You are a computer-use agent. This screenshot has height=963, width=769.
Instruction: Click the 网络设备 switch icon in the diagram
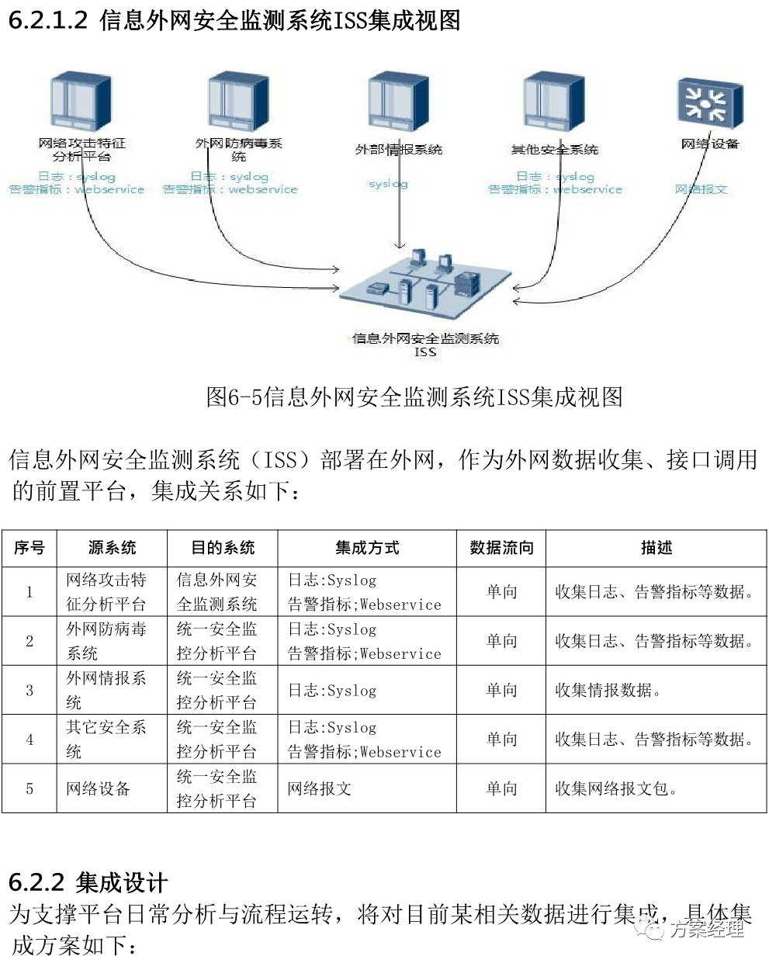(710, 102)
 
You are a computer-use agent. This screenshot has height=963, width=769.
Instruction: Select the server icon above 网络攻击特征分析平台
(81, 102)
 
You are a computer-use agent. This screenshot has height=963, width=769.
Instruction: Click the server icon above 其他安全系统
(553, 100)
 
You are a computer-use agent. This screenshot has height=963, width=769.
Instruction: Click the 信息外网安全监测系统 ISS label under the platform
(425, 345)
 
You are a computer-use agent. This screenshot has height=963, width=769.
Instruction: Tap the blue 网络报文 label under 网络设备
(701, 189)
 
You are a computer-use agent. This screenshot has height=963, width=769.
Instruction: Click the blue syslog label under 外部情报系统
(388, 184)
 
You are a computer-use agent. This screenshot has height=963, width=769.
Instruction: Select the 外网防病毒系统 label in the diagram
(239, 149)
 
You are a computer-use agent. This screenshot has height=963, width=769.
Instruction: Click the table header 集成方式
(367, 548)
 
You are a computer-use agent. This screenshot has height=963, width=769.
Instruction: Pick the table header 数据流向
(501, 548)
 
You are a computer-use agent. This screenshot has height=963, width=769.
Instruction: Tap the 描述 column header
(656, 548)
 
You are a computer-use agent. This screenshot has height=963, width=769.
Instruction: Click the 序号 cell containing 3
(29, 690)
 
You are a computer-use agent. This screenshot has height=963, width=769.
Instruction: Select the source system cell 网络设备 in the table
(99, 788)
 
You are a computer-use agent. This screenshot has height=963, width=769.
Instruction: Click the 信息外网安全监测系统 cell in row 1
(217, 591)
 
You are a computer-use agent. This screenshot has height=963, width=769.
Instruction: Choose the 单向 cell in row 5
(501, 788)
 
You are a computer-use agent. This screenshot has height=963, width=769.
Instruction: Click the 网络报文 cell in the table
(320, 788)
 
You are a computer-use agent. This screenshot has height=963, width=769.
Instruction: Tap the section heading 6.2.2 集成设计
(88, 882)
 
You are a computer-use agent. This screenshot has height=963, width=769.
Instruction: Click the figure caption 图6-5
(414, 397)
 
